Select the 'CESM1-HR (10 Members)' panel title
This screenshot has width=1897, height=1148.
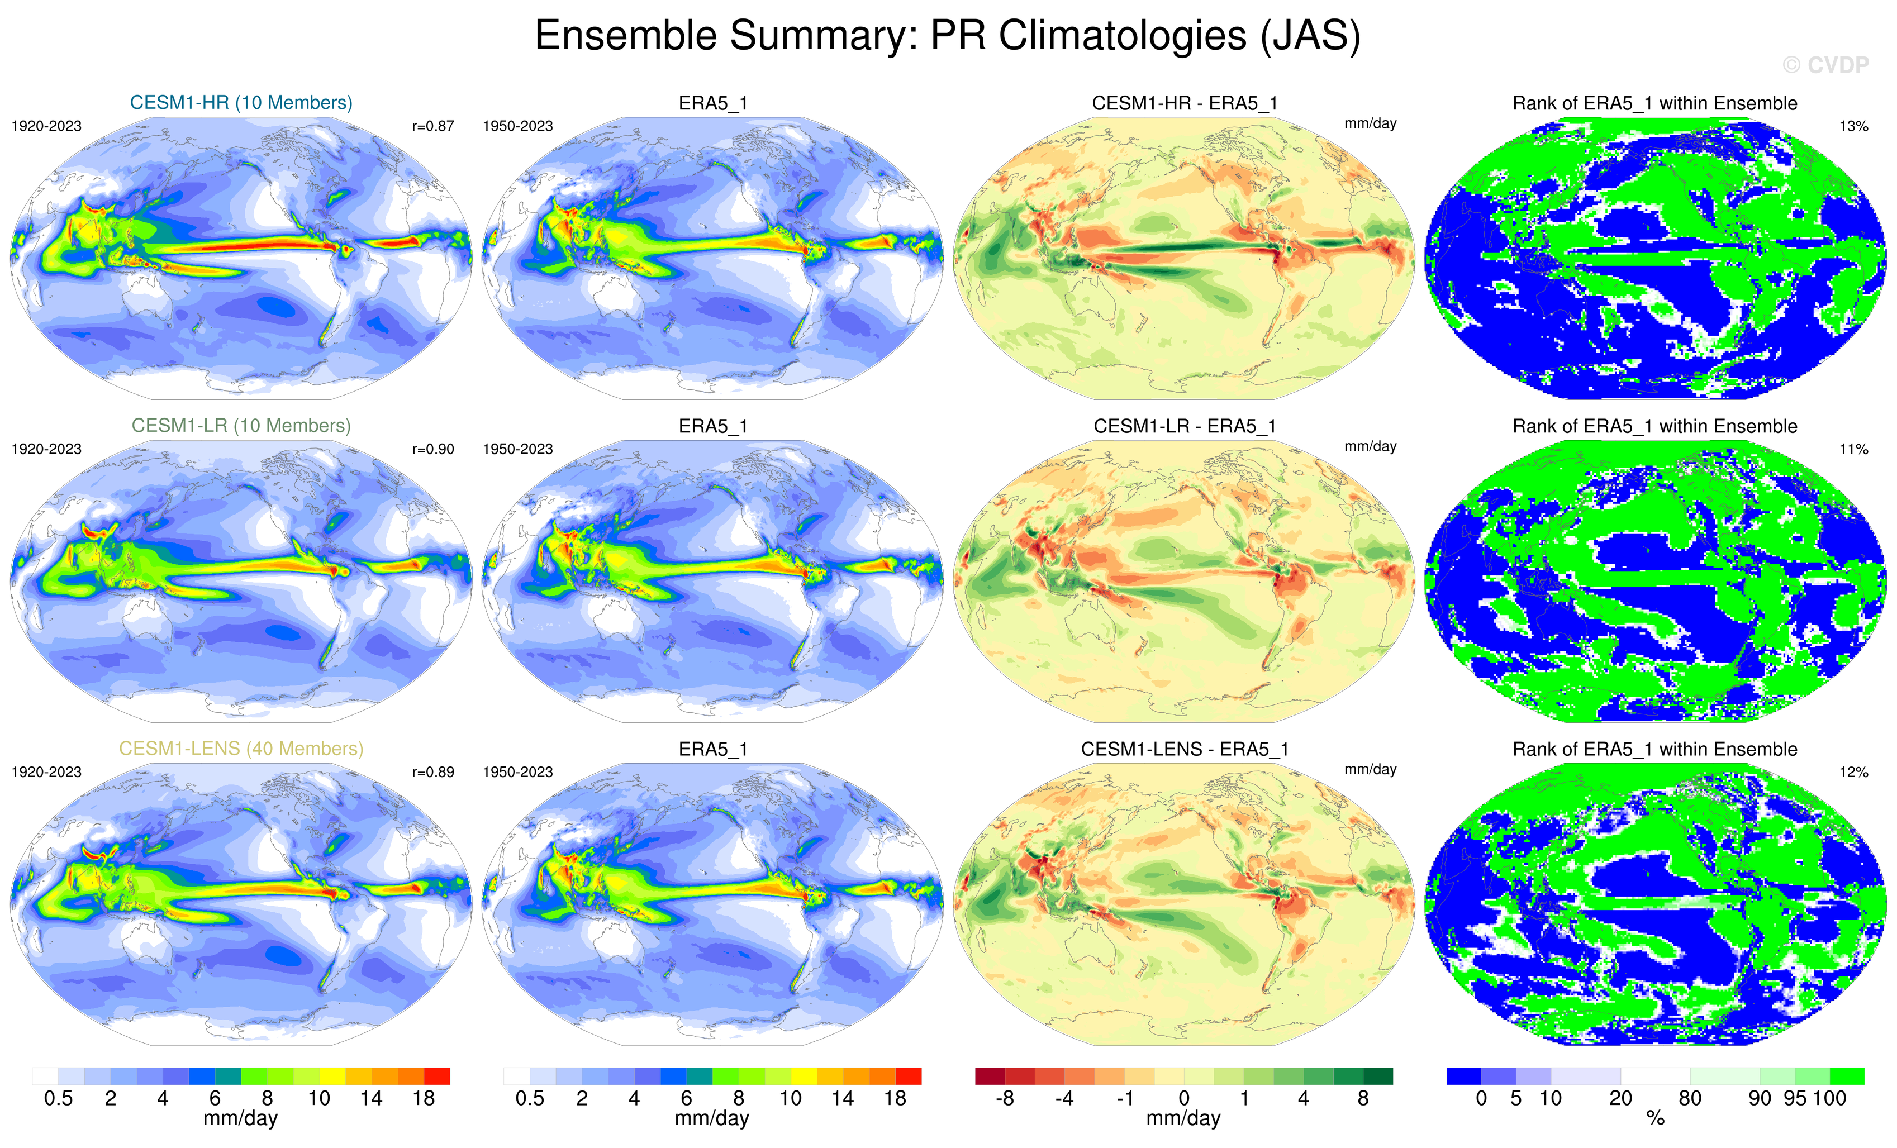coord(241,102)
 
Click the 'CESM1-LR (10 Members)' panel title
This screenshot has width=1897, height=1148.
coord(241,426)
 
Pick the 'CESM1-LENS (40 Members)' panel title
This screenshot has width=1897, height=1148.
coord(241,749)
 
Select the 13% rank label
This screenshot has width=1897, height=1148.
coord(1853,126)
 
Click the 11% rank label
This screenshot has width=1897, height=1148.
coord(1853,449)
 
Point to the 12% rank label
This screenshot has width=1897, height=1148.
coord(1853,772)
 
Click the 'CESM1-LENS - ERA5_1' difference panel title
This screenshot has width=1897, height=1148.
coord(1184,749)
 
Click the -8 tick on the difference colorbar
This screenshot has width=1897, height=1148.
coord(1004,1099)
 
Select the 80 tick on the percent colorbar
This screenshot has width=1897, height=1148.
coord(1689,1099)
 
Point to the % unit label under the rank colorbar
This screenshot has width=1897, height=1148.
coord(1655,1119)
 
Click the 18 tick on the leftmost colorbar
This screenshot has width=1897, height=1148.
coord(424,1099)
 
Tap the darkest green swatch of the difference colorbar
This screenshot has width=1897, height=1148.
coord(1377,1075)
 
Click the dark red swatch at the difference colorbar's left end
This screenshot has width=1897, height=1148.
coord(990,1075)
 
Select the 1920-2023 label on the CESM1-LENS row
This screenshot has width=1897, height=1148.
coord(46,772)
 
